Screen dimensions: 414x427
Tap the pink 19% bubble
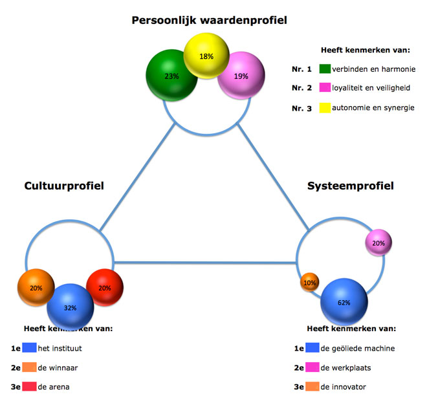pos(241,76)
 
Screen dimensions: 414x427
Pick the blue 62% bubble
pos(344,301)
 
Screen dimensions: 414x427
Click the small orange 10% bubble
pos(309,283)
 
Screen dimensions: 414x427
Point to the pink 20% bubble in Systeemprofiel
pos(378,243)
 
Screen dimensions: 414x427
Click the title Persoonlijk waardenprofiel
pos(209,21)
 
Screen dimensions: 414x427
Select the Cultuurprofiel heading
pos(64,186)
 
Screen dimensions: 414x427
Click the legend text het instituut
pos(60,348)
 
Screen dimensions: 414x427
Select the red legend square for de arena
pos(30,387)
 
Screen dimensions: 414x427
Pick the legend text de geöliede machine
pos(358,348)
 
